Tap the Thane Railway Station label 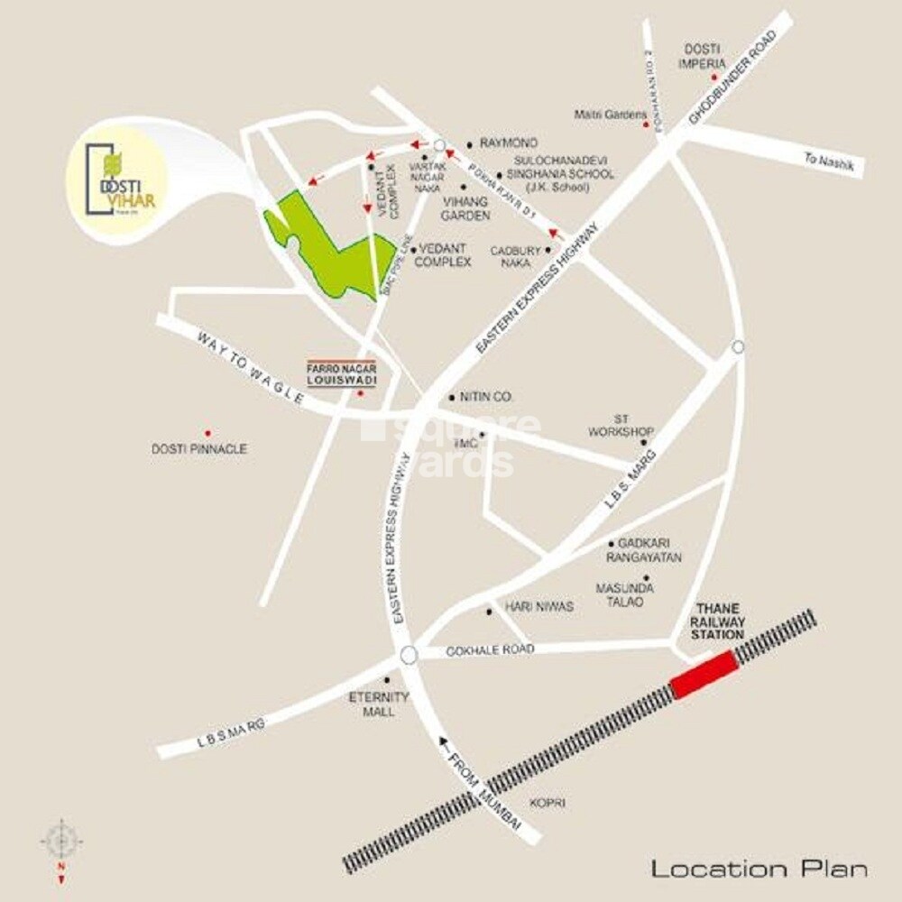tap(718, 621)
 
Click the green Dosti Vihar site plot tap(328, 244)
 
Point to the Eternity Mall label tap(379, 704)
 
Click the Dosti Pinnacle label tap(199, 448)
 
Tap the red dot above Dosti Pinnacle tap(207, 434)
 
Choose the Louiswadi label tap(341, 381)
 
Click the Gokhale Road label tap(490, 649)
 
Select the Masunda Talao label tap(624, 594)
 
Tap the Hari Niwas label tap(539, 607)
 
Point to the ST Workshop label tap(621, 425)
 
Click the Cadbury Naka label tap(515, 257)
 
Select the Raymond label tap(509, 143)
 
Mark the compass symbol tap(61, 842)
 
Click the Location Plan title tap(759, 869)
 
